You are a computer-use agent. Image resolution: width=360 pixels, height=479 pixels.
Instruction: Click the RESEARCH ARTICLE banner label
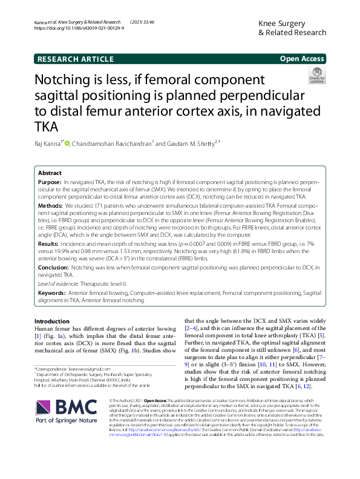click(x=75, y=59)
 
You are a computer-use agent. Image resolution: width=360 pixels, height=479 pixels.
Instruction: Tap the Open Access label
click(x=302, y=59)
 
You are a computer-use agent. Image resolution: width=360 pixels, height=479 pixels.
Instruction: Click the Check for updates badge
click(x=316, y=74)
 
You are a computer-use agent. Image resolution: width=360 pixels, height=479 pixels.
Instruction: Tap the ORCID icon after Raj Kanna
click(x=68, y=144)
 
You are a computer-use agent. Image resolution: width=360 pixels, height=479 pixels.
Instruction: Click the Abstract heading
click(x=50, y=173)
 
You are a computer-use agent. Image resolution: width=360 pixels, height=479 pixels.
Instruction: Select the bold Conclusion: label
click(x=54, y=267)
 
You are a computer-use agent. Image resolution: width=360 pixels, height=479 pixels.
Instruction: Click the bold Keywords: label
click(x=53, y=292)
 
